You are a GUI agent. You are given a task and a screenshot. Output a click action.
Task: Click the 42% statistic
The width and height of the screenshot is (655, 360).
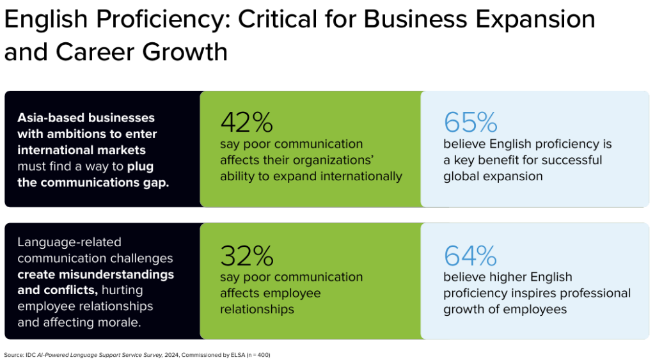point(246,122)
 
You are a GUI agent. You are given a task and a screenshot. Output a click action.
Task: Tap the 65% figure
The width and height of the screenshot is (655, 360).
point(470,122)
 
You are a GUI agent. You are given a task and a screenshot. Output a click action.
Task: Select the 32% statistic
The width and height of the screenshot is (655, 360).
point(246,256)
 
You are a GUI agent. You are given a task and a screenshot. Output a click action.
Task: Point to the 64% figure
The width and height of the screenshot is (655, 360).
point(470,256)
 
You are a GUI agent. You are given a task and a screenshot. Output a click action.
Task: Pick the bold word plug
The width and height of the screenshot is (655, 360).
point(141,166)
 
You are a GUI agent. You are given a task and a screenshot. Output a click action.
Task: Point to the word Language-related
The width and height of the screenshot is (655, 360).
point(69,242)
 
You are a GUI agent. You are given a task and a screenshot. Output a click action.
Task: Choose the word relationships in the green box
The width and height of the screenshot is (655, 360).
point(257,309)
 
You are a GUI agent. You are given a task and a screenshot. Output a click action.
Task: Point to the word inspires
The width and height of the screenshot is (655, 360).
point(526,293)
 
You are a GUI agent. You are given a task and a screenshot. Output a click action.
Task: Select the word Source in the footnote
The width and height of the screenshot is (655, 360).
point(13,354)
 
